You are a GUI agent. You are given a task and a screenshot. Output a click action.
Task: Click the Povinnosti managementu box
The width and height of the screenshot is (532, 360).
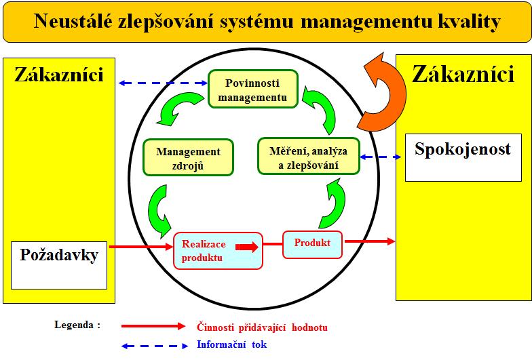252,89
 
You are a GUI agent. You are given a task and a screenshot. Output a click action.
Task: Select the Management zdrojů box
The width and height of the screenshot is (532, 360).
189,157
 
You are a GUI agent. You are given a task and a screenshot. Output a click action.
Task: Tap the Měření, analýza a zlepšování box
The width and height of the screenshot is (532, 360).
308,156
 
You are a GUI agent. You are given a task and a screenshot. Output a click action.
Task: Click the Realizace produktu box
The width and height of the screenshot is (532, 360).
218,251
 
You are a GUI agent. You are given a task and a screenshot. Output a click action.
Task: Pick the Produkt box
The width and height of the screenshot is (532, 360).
312,245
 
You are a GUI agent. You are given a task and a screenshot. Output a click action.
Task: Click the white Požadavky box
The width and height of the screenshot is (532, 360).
59,266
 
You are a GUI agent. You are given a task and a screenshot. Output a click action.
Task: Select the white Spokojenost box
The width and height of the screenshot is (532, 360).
463,157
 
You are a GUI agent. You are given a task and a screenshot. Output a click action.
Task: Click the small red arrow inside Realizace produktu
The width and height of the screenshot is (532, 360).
247,247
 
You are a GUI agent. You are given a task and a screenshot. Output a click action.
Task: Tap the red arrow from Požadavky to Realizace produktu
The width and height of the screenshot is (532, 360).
141,247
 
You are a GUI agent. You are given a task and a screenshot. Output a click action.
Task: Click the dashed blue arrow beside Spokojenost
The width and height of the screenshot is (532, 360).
380,157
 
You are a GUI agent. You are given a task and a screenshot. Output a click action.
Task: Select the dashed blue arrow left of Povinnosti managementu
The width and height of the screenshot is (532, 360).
163,83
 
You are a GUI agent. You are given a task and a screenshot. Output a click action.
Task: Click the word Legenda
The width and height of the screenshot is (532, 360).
73,325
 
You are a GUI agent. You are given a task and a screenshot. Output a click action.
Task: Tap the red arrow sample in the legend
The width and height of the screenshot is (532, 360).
153,326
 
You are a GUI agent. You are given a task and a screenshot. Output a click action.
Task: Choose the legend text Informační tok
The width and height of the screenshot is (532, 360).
232,344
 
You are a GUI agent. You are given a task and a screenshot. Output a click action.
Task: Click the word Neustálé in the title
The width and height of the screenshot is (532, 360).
73,21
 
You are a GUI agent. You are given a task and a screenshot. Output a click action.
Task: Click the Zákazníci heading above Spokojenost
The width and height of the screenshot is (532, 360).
463,74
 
